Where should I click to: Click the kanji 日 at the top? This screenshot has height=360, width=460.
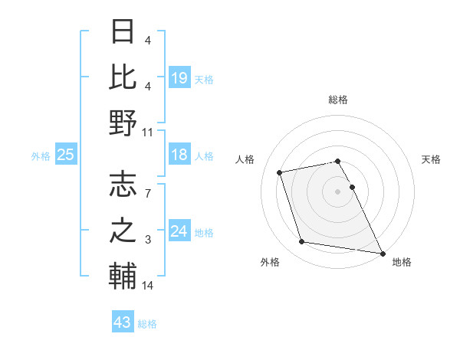point(123,32)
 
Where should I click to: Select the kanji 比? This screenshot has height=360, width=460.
point(123,77)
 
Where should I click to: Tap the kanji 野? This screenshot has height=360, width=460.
point(123,123)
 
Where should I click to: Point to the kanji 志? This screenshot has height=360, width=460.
point(123,184)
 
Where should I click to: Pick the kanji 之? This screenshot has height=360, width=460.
point(123,231)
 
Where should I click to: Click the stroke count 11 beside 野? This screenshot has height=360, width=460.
point(148,133)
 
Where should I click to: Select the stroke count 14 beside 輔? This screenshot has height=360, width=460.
point(148,286)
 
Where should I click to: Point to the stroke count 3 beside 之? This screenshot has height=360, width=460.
point(148,241)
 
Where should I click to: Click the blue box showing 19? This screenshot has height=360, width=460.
point(179,78)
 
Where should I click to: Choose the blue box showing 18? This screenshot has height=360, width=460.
point(179,155)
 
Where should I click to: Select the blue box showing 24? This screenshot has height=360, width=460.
point(179,231)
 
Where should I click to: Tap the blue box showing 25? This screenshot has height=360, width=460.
point(65,155)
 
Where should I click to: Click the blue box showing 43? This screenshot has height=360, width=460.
point(122,322)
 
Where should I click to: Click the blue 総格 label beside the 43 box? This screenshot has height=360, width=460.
point(147,324)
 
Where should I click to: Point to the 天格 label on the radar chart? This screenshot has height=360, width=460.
point(432,159)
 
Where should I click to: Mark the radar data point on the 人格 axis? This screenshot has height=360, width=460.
point(280,172)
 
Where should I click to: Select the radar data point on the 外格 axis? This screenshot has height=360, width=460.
point(302,242)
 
